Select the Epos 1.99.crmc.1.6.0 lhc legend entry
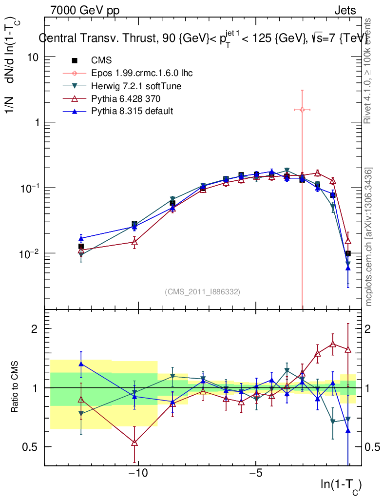point(142,73)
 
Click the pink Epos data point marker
point(302,110)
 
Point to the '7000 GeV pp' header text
point(85,10)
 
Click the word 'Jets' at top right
point(345,10)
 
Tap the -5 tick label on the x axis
point(256,473)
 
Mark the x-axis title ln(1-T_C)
point(341,485)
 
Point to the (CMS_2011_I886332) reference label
point(202,291)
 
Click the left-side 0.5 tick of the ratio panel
point(32,447)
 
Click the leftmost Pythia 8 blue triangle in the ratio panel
point(81,364)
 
